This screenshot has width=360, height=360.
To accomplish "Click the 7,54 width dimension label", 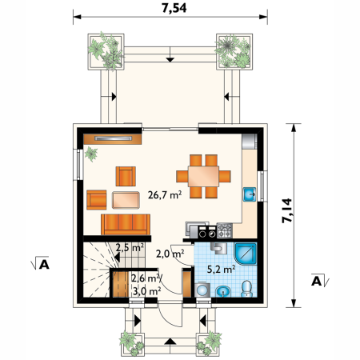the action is pyautogui.click(x=174, y=8).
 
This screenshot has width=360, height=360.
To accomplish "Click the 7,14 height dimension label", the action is pyautogui.click(x=287, y=210).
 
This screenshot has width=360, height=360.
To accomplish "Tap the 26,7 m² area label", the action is pyautogui.click(x=165, y=195).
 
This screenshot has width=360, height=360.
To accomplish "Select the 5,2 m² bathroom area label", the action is pyautogui.click(x=221, y=270).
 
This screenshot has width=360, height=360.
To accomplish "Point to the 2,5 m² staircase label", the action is pyautogui.click(x=130, y=247).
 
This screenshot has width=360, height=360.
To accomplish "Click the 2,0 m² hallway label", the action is pyautogui.click(x=170, y=254).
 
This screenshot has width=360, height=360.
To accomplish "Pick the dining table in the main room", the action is pyautogui.click(x=203, y=176).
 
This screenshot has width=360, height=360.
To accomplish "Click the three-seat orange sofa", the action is pyautogui.click(x=126, y=224).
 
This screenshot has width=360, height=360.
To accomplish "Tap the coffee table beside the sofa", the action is pyautogui.click(x=126, y=200).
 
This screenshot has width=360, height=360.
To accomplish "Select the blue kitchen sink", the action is pyautogui.click(x=250, y=194).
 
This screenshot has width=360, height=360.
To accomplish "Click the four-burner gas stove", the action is pyautogui.click(x=225, y=230).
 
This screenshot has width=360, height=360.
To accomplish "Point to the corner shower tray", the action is pyautogui.click(x=246, y=254).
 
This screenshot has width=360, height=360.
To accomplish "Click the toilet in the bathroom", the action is pyautogui.click(x=246, y=289).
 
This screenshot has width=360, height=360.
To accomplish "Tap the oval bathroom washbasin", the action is pyautogui.click(x=223, y=291).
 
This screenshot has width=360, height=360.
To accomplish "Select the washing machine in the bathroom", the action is pyautogui.click(x=202, y=290).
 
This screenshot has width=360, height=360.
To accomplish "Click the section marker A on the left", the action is pyautogui.click(x=40, y=263).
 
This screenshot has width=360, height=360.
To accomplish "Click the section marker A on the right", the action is pyautogui.click(x=320, y=280).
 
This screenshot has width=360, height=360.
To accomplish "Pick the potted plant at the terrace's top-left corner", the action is pyautogui.click(x=106, y=52).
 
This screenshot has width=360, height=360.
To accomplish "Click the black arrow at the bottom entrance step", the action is pyautogui.click(x=170, y=342).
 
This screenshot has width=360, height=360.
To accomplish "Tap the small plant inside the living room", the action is pyautogui.click(x=91, y=154).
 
